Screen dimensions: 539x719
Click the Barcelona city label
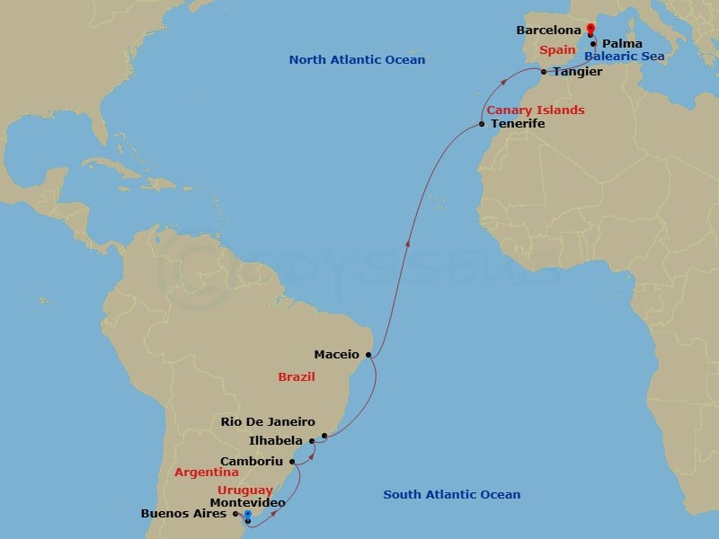point(548,31)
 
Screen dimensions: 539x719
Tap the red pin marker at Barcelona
point(590,29)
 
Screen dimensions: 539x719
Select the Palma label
point(622,43)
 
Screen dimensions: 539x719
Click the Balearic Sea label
point(624,57)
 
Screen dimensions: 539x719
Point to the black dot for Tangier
point(544,72)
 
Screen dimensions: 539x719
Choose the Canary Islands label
point(536,110)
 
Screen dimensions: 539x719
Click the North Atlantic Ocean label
point(357,60)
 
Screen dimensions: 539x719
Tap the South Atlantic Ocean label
point(451,494)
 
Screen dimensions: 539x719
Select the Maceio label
point(337,355)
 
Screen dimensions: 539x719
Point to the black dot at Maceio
point(368,355)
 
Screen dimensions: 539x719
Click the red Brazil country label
point(296,377)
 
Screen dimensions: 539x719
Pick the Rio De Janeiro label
point(268,420)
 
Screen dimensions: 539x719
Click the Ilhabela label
point(273,440)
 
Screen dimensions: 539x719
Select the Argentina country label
point(206,472)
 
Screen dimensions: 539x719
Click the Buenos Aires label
point(184,515)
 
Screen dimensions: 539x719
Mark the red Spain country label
point(557,50)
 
